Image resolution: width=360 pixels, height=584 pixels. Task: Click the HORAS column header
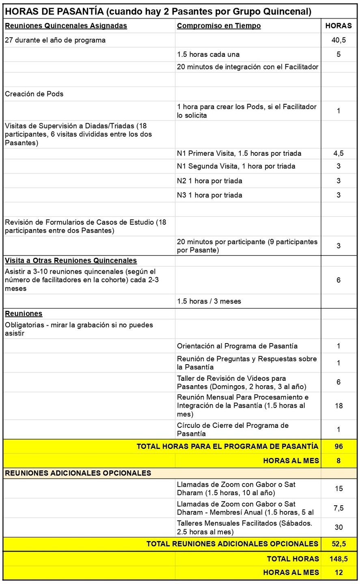click(338, 26)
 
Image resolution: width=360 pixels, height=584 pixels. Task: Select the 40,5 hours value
click(338, 40)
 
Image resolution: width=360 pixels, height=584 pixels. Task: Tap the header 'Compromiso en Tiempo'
click(219, 26)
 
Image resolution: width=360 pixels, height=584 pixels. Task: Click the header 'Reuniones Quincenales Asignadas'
click(66, 26)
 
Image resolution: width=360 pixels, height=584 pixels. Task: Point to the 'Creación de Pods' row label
click(34, 94)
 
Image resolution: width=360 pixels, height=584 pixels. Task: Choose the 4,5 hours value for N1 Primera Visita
click(338, 153)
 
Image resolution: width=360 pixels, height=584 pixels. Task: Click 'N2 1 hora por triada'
click(209, 180)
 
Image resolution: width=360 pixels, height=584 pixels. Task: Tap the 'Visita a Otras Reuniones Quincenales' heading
click(71, 260)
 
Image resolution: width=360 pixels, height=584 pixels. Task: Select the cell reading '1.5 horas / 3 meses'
click(209, 301)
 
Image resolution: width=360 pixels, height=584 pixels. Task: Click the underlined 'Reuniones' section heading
click(24, 313)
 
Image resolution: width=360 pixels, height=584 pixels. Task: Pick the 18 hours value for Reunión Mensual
click(338, 406)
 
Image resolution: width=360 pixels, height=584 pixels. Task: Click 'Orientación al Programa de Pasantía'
click(237, 346)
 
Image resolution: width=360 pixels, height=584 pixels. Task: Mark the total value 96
click(338, 447)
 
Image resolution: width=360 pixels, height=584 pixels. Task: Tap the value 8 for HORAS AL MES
click(338, 461)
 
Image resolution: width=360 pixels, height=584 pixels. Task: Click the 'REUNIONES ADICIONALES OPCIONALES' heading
click(78, 473)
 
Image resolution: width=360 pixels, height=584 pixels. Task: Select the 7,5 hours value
click(338, 508)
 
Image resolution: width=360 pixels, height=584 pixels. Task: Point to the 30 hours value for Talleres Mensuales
click(338, 527)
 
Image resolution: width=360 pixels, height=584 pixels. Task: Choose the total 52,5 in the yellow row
click(338, 544)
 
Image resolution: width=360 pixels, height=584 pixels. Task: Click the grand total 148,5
click(338, 559)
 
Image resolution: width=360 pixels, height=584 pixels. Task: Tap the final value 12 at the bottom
click(338, 573)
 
